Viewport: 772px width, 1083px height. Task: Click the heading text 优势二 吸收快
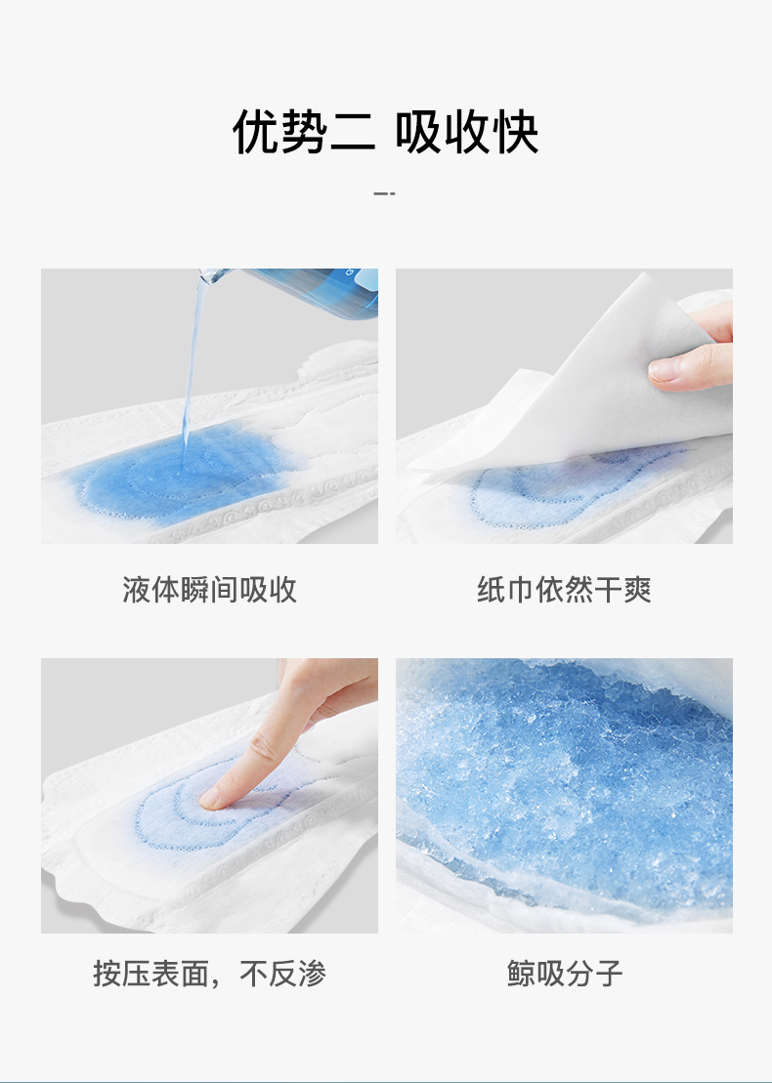(x=385, y=131)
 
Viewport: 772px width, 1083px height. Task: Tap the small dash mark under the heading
(x=385, y=193)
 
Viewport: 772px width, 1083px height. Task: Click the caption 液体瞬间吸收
(x=209, y=590)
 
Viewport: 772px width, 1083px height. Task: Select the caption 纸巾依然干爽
(x=564, y=590)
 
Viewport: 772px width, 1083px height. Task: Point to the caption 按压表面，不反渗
(x=209, y=974)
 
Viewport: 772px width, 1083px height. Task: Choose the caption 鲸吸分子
(x=564, y=974)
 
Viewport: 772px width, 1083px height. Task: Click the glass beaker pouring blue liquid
(x=297, y=290)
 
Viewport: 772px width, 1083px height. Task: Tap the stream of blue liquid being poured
(x=194, y=366)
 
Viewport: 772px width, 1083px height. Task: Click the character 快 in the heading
(x=514, y=131)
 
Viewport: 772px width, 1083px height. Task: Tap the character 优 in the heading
(x=256, y=131)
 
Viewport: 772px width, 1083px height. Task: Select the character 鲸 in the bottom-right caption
(x=521, y=974)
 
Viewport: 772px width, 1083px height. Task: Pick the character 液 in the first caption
(x=137, y=590)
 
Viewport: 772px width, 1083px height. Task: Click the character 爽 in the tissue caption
(x=637, y=590)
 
